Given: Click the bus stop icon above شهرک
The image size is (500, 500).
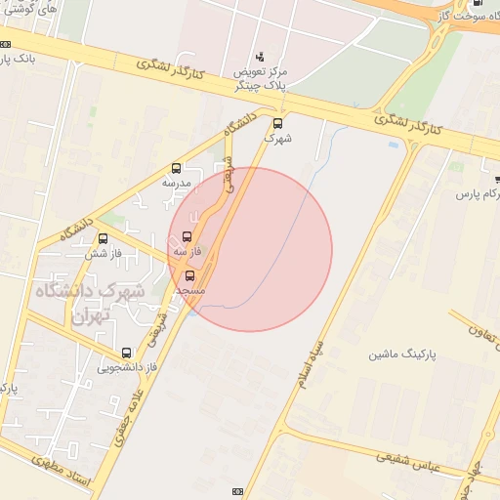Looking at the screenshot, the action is tap(278, 123).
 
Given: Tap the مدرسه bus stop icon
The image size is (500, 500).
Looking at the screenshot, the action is tap(176, 168).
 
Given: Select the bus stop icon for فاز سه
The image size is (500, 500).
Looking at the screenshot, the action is tap(187, 236).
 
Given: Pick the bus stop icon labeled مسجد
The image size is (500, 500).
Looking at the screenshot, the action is tap(189, 275).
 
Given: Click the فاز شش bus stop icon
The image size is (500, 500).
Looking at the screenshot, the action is tap(104, 238).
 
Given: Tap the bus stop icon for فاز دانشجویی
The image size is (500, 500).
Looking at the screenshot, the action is tap(126, 353).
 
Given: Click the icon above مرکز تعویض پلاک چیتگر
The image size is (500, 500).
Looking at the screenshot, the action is tap(259, 57).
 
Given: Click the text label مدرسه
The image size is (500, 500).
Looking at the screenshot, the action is tap(177, 183).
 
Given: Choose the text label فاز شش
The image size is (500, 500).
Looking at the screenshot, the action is tap(103, 253).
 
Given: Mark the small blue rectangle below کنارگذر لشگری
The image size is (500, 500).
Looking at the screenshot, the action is tap(394, 145).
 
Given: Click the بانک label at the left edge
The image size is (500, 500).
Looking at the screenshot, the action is tap(19, 60).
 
